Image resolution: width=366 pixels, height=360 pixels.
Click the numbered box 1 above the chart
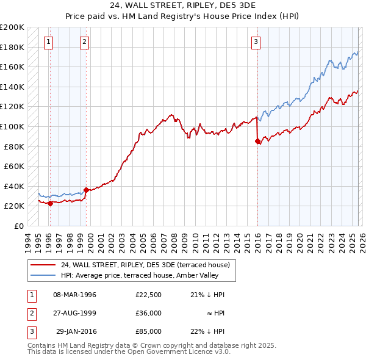click(48, 42)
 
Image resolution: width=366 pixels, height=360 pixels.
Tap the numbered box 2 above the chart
click(84, 42)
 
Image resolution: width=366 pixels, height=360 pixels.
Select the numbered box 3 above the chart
click(256, 42)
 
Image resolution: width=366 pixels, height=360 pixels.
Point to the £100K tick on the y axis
click(12, 126)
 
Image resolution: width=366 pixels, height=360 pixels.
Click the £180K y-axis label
click(12, 47)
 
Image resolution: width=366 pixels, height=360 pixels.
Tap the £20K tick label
click(13, 206)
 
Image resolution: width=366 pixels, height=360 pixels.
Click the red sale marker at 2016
click(257, 142)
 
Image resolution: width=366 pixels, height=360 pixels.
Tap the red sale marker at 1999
click(86, 190)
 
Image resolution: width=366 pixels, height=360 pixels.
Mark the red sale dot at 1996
click(50, 204)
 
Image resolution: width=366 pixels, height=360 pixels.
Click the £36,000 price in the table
click(148, 313)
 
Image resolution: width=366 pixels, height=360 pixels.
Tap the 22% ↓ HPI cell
click(207, 331)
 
